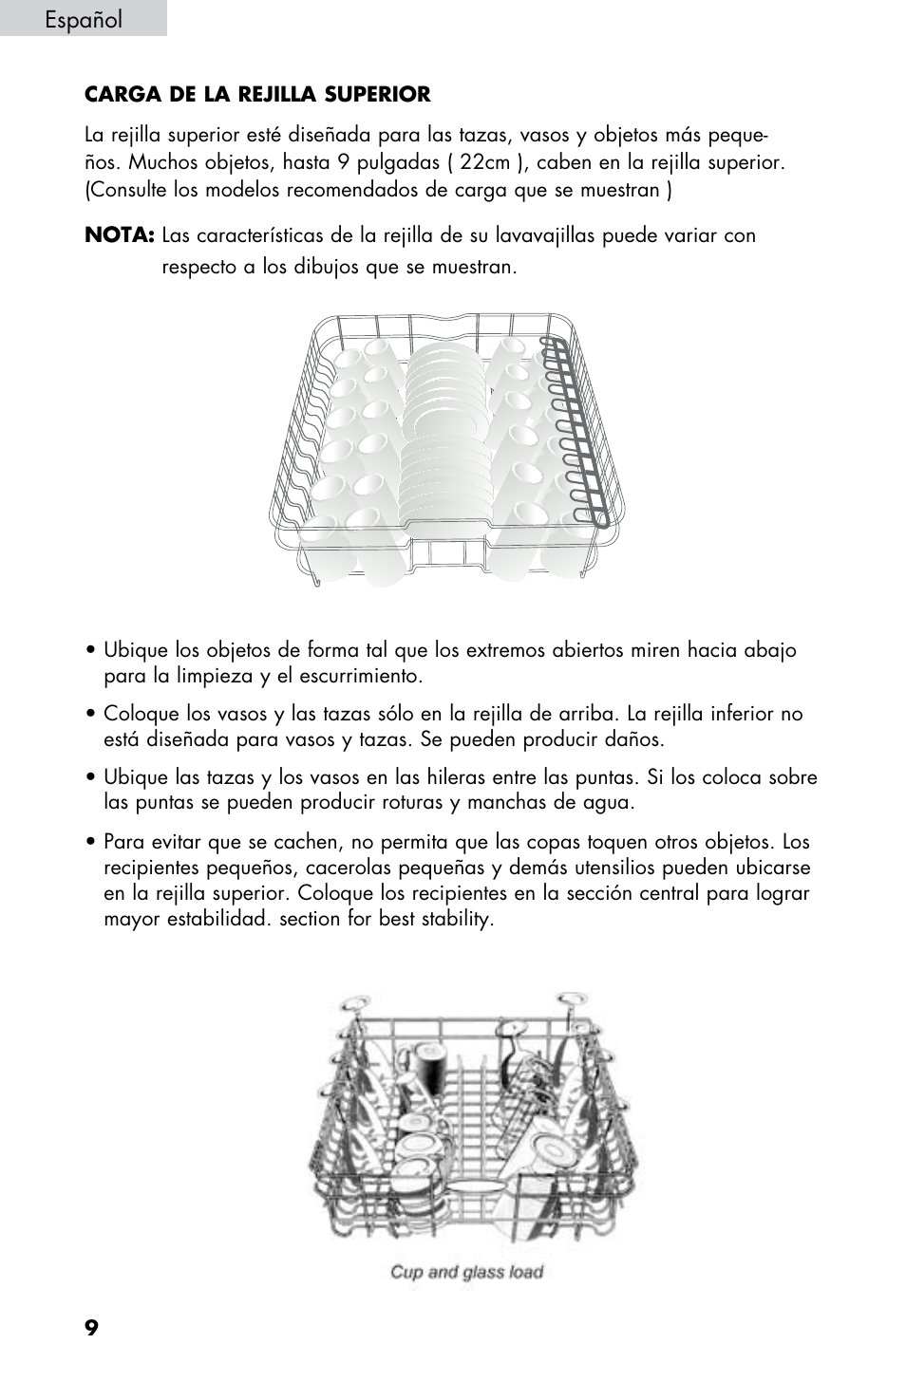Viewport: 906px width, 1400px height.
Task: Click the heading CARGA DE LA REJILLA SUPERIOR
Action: coord(257,95)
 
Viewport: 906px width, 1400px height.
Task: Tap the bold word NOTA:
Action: coord(119,235)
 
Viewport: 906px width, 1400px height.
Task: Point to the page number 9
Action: coord(91,1327)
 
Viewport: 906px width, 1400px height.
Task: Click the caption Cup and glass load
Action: coord(466,1272)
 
